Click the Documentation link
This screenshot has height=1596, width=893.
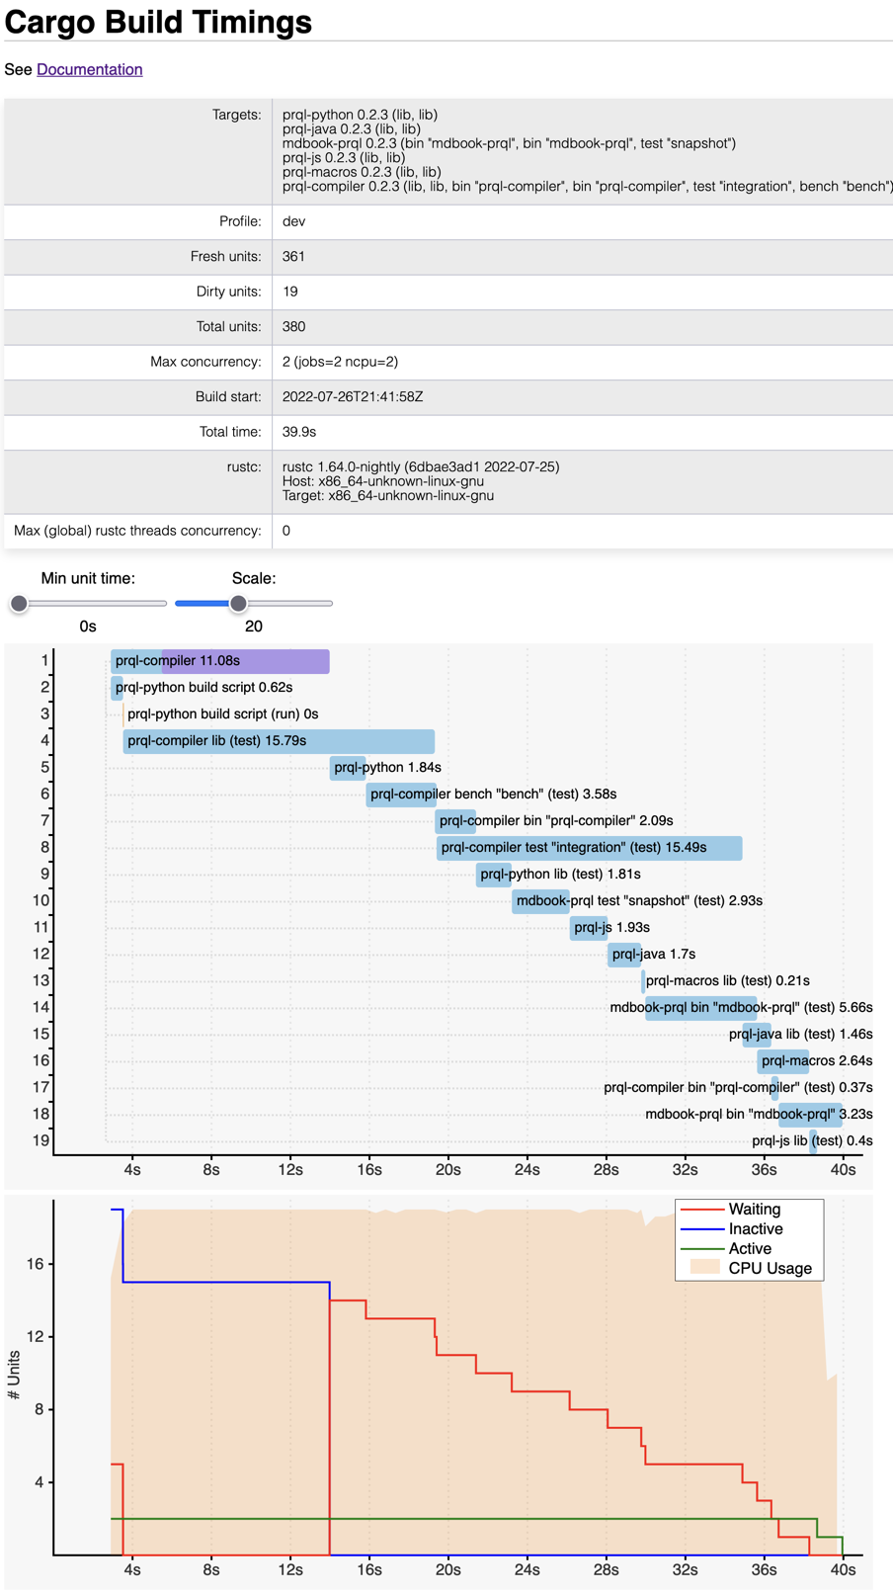pos(89,69)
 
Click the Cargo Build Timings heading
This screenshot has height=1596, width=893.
pos(158,22)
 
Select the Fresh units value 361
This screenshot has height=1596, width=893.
pos(293,256)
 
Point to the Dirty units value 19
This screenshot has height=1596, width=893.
pos(289,292)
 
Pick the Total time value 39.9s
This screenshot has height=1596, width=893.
pos(299,432)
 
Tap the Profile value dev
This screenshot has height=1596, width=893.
pos(293,221)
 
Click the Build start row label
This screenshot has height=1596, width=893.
pos(228,396)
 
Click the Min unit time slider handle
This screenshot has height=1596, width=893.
pos(19,603)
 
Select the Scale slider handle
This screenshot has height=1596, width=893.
pos(238,603)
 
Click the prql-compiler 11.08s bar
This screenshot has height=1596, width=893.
pos(220,661)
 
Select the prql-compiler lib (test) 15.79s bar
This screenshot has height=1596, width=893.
pos(279,741)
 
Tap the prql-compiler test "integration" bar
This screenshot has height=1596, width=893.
pos(589,848)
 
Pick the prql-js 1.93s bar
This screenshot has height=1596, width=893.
pos(589,928)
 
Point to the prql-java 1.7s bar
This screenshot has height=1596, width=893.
pos(624,955)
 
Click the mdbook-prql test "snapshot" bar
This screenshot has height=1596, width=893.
pos(540,901)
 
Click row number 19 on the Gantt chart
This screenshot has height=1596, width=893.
pos(41,1140)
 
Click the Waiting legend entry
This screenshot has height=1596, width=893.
pos(754,1210)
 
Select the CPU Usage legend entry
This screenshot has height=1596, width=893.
pos(770,1269)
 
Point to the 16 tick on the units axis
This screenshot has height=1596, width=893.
pos(36,1264)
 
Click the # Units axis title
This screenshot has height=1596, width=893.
pos(14,1375)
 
